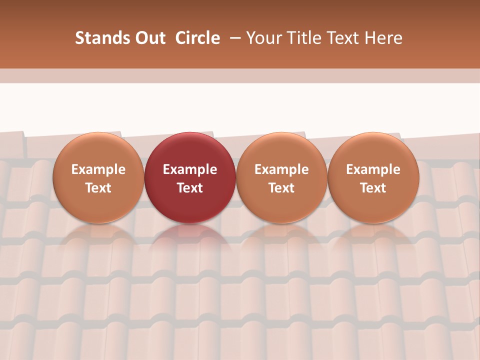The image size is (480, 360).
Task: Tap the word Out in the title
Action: pos(149,38)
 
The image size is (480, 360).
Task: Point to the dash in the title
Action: pos(233,38)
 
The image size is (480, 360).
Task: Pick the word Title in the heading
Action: pos(300,38)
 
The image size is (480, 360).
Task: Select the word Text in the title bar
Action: pos(338,38)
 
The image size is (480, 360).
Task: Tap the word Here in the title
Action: pos(382,38)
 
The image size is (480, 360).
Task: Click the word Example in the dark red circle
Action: pos(190,169)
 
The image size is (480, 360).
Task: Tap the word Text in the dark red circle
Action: pos(190,188)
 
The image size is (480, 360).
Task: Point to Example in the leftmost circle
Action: pos(98,169)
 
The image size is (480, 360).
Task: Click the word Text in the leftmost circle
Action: pos(98,188)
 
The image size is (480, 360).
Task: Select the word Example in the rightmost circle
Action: pos(373,169)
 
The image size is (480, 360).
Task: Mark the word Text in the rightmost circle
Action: pos(373,188)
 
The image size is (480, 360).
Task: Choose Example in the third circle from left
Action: pos(281,169)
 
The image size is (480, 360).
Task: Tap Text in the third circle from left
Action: pos(281,188)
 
